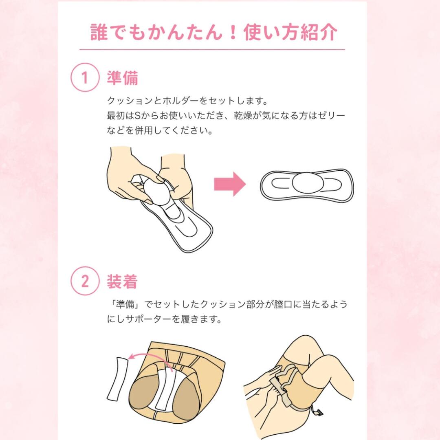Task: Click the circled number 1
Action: tap(85, 77)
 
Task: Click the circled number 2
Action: tap(85, 282)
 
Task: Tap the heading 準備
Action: tap(122, 78)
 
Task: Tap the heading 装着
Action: tap(122, 282)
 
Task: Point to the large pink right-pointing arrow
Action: tap(230, 184)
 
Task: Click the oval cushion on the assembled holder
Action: tap(307, 182)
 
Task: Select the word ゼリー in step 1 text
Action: tap(332, 116)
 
